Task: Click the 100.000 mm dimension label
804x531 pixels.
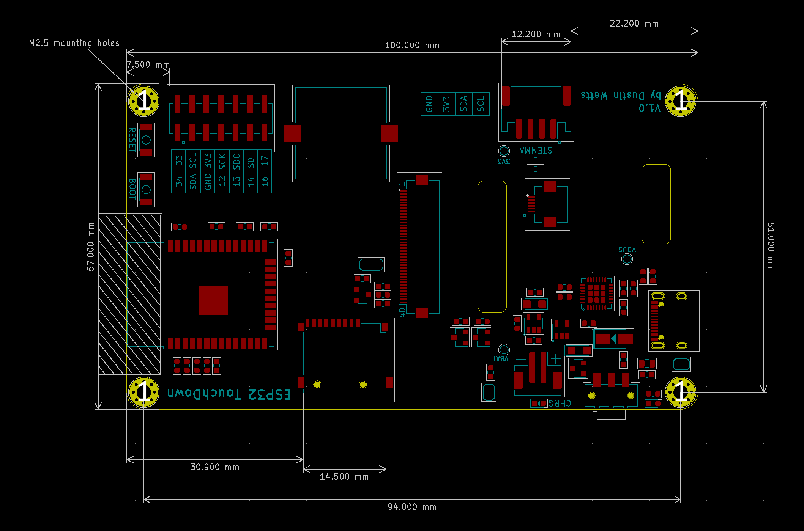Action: pos(412,45)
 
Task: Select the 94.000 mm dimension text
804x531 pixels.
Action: pos(412,507)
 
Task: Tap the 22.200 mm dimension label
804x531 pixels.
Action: pos(634,24)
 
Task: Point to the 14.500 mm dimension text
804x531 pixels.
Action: pos(344,477)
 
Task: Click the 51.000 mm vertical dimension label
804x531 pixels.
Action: pos(770,247)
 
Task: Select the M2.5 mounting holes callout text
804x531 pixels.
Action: pos(74,43)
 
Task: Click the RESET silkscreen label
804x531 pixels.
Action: pos(132,140)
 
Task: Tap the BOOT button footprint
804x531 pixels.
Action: pos(146,190)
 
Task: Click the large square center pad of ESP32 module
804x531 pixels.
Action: pos(213,300)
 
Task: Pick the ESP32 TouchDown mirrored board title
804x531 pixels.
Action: pos(229,394)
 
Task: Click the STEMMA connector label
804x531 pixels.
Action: pos(536,150)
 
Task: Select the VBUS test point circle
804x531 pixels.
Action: pos(627,259)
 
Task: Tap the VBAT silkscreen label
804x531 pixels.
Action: pos(500,358)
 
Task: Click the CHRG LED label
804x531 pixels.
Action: pos(560,403)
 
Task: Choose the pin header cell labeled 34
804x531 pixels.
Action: pos(179,181)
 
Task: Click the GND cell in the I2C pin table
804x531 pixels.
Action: pos(429,104)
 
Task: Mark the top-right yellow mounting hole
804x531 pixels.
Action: pos(681,101)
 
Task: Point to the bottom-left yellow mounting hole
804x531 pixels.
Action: pos(144,392)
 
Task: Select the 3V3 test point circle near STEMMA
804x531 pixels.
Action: pos(504,151)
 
